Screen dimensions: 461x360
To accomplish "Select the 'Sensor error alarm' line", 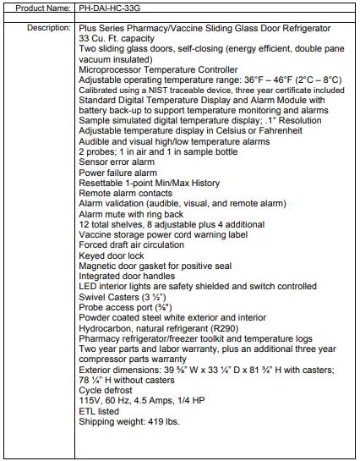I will [117, 162].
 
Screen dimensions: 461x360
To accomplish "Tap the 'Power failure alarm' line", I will [117, 173].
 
